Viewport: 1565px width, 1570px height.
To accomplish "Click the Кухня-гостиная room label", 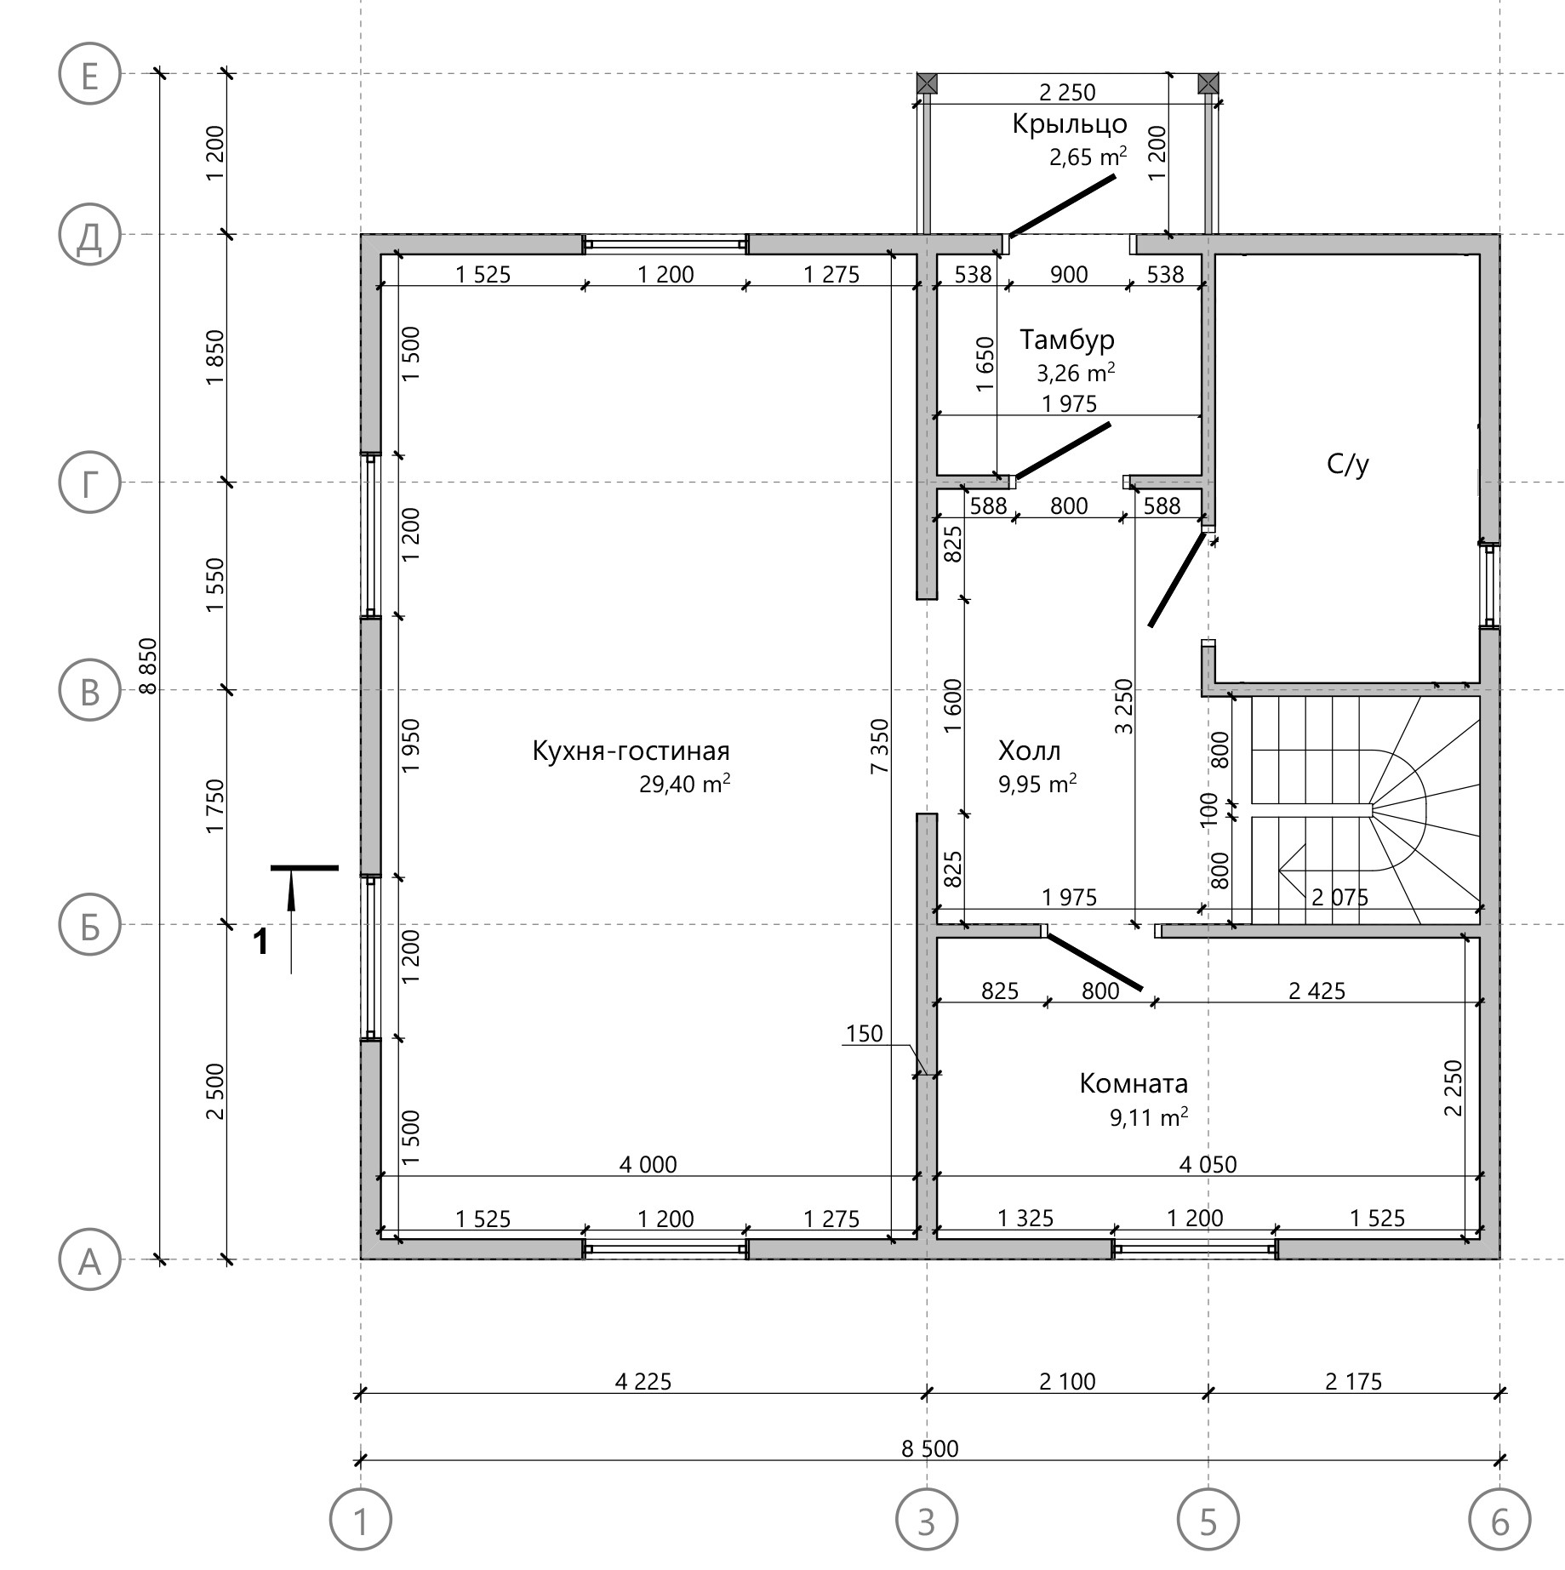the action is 631,751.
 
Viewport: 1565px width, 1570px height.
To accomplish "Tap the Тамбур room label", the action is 1067,340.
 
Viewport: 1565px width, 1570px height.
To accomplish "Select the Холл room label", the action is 1029,751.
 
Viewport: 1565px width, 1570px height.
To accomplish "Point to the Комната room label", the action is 1134,1083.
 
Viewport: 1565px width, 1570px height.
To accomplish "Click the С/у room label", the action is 1348,465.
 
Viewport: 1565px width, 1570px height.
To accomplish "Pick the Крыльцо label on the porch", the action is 1070,124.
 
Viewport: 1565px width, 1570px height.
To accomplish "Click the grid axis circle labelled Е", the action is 89,74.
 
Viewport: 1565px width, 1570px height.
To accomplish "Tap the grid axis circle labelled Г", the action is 89,482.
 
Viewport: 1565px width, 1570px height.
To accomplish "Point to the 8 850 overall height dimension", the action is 149,666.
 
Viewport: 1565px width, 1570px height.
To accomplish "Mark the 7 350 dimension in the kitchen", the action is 879,746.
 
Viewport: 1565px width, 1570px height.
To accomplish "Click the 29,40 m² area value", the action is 685,783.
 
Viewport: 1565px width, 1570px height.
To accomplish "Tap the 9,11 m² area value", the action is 1149,1116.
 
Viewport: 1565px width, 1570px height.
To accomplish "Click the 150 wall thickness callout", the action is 864,1033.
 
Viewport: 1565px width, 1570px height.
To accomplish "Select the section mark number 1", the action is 262,942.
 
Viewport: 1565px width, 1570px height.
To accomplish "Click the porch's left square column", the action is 928,83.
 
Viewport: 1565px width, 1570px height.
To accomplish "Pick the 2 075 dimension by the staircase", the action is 1339,896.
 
